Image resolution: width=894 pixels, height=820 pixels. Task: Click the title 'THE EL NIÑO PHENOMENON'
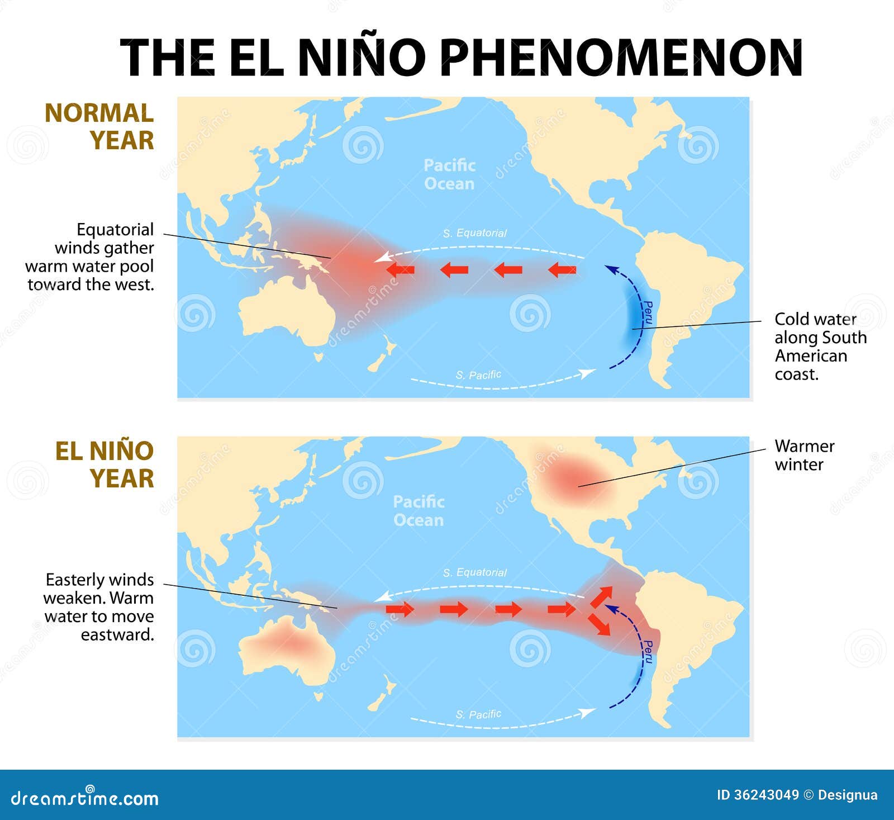pyautogui.click(x=461, y=57)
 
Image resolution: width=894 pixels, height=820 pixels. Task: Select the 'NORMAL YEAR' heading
pyautogui.click(x=99, y=127)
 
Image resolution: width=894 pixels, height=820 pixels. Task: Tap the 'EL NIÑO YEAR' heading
pyautogui.click(x=104, y=464)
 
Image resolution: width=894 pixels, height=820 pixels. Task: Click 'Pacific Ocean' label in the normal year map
pyautogui.click(x=449, y=174)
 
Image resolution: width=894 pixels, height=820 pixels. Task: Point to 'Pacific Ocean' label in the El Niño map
pyautogui.click(x=419, y=511)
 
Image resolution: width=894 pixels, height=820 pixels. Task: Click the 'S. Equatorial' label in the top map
pyautogui.click(x=474, y=233)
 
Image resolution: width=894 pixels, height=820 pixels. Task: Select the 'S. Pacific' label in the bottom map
pyautogui.click(x=478, y=714)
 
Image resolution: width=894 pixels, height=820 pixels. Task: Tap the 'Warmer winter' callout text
pyautogui.click(x=804, y=455)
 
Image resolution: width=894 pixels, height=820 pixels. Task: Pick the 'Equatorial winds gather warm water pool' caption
pyautogui.click(x=91, y=257)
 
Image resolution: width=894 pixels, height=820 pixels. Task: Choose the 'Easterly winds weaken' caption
pyautogui.click(x=99, y=606)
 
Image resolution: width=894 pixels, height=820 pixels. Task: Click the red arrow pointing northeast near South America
pyautogui.click(x=602, y=596)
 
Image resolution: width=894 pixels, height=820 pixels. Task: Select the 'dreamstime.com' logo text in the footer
pyautogui.click(x=85, y=798)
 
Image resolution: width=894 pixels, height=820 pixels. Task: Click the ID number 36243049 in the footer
pyautogui.click(x=758, y=795)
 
